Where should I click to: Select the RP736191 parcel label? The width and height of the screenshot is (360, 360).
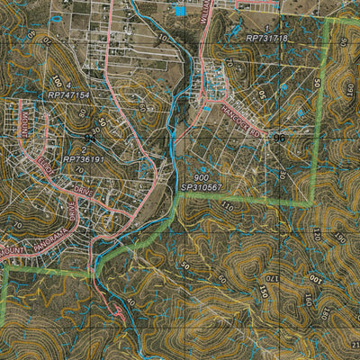coord(85,159)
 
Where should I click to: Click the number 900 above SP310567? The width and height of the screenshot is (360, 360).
coord(201,178)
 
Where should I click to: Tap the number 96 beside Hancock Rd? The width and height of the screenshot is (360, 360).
coord(277,139)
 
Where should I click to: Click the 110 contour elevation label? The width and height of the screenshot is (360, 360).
coord(228,206)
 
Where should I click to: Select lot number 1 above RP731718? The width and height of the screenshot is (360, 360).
coord(266,30)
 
